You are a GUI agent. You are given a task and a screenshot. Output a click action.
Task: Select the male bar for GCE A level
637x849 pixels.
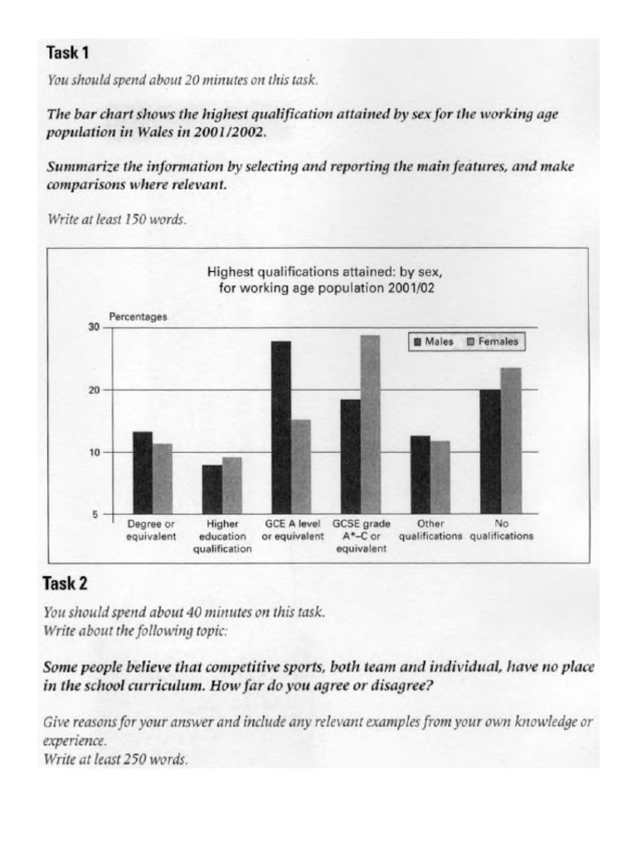point(280,427)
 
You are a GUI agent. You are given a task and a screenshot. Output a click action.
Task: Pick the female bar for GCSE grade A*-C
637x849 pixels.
point(371,424)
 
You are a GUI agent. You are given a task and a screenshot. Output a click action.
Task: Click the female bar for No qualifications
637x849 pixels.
point(510,440)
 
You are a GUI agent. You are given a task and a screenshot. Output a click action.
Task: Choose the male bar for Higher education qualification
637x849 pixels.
point(212,489)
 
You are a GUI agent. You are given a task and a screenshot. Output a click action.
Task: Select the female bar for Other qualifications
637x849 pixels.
point(440,477)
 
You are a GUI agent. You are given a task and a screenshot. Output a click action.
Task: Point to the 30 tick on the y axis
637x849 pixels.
point(94,327)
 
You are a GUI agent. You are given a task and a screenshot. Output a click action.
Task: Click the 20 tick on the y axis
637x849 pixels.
point(94,390)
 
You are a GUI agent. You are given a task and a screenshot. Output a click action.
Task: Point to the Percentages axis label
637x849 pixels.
point(138,316)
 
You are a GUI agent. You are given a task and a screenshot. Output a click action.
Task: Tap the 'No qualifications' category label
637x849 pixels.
point(501,530)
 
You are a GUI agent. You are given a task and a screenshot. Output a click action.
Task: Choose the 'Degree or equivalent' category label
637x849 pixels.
point(151,530)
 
